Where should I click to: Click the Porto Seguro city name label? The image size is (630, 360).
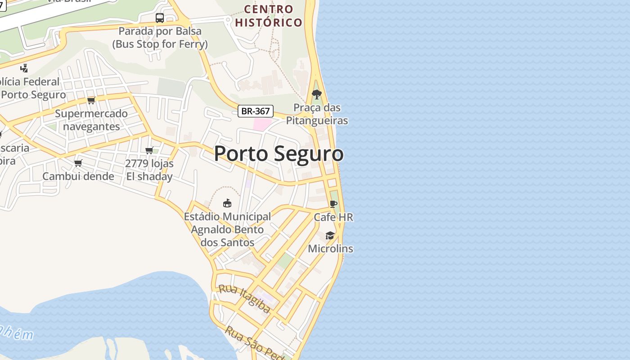click(x=279, y=154)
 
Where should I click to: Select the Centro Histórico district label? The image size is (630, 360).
click(x=269, y=16)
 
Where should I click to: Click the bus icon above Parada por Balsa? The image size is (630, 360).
click(x=160, y=18)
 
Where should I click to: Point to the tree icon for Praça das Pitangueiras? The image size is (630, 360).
click(x=317, y=94)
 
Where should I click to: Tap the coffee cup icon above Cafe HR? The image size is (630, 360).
click(x=333, y=204)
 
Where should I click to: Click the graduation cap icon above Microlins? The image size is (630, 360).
click(x=330, y=236)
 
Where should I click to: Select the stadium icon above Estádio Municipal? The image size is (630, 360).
click(x=227, y=203)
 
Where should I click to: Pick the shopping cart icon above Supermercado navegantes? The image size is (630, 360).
click(x=91, y=100)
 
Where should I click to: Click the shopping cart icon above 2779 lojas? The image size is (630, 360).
click(x=149, y=150)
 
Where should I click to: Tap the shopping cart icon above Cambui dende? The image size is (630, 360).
click(x=78, y=163)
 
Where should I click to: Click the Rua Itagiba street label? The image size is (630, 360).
click(x=244, y=298)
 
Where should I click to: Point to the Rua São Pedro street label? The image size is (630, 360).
click(x=254, y=343)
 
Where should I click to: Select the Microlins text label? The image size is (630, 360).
click(x=330, y=249)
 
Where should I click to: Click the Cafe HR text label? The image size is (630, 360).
click(x=333, y=217)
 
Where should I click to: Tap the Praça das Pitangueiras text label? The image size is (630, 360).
click(x=317, y=114)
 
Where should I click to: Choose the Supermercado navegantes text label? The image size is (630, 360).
click(x=91, y=120)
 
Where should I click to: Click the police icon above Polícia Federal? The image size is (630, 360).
click(x=24, y=68)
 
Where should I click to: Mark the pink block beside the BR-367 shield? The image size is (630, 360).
click(x=263, y=124)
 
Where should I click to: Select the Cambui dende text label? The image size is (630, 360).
click(x=78, y=176)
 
